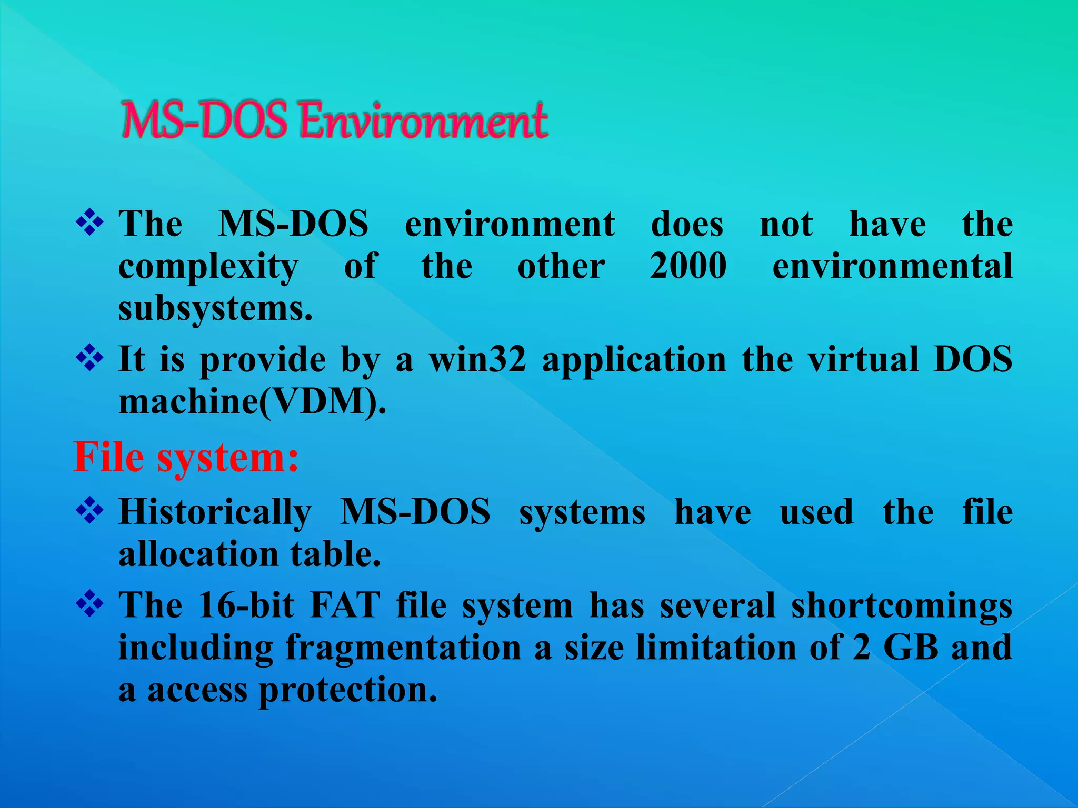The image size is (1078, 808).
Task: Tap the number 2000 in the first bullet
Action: point(688,266)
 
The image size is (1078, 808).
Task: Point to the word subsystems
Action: point(215,308)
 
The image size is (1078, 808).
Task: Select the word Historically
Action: point(215,512)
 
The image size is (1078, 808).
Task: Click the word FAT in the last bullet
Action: point(345,605)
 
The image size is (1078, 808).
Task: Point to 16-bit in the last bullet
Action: point(246,605)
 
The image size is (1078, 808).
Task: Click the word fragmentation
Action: point(404,648)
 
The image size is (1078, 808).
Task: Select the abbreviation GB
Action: point(911,647)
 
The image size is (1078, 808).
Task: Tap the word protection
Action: point(348,690)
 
